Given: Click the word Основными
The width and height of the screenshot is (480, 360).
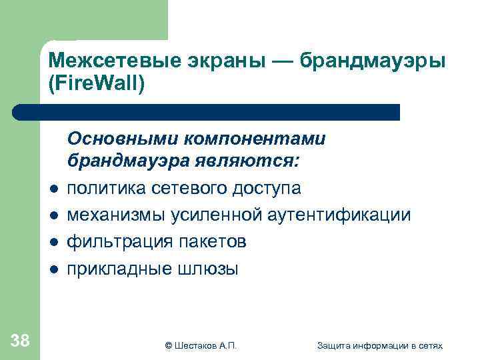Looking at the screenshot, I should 122,139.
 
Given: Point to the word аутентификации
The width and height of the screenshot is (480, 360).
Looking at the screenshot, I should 337,215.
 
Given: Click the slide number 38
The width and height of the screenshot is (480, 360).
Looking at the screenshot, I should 20,341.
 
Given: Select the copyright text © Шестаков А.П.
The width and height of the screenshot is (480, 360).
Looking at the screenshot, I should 200,345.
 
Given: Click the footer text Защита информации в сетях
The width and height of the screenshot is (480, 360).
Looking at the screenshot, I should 380,345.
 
